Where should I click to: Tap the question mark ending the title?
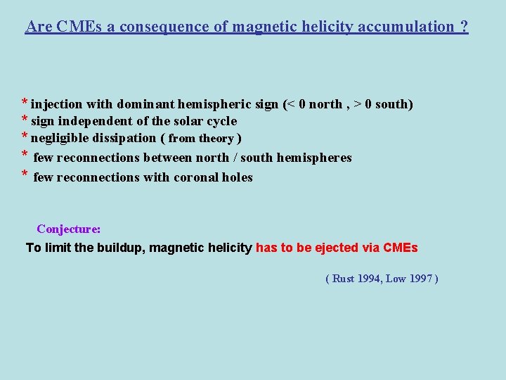[464, 27]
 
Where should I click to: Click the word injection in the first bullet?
[56, 105]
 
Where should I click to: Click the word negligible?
[60, 138]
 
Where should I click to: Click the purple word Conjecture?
[69, 229]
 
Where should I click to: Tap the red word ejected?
[342, 248]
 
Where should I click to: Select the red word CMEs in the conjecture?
[401, 248]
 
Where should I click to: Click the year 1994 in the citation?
[370, 279]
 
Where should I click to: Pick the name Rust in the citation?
[343, 279]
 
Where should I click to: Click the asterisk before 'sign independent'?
[25, 120]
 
